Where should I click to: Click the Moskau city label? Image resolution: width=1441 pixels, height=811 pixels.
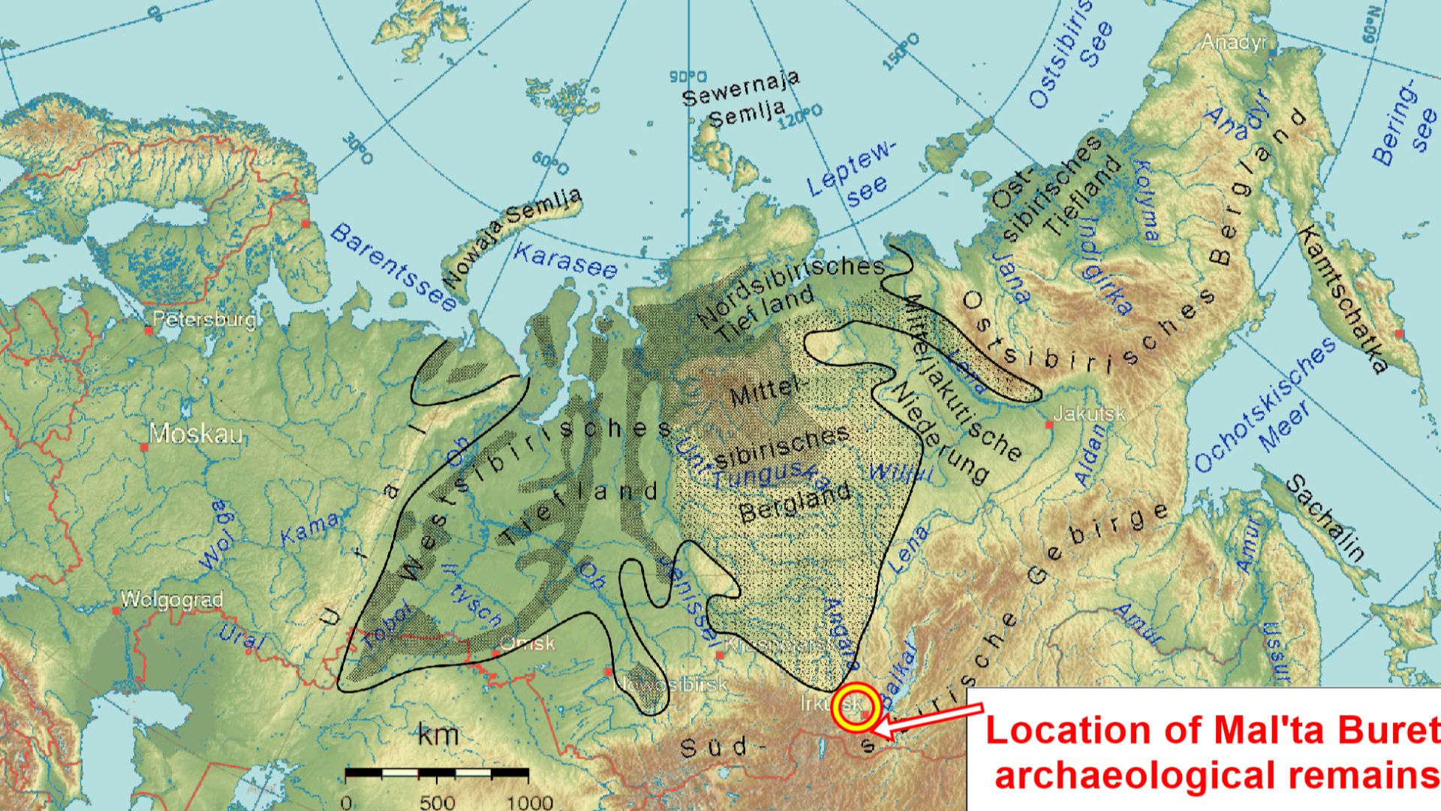(x=196, y=434)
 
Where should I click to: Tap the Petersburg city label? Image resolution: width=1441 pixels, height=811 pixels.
(x=203, y=320)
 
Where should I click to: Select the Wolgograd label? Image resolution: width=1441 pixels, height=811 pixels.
(x=172, y=600)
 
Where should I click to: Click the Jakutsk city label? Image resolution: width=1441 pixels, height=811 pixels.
(x=1089, y=414)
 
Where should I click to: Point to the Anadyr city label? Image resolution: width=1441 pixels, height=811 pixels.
(x=1233, y=42)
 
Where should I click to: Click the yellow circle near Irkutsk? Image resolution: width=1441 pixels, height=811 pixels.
(x=856, y=707)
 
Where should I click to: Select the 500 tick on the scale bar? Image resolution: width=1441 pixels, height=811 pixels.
(x=437, y=801)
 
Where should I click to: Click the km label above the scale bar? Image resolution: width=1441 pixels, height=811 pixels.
(x=438, y=734)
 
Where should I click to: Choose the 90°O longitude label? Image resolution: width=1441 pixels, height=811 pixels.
(x=687, y=77)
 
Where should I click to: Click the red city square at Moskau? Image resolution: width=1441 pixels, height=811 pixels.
(x=145, y=448)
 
